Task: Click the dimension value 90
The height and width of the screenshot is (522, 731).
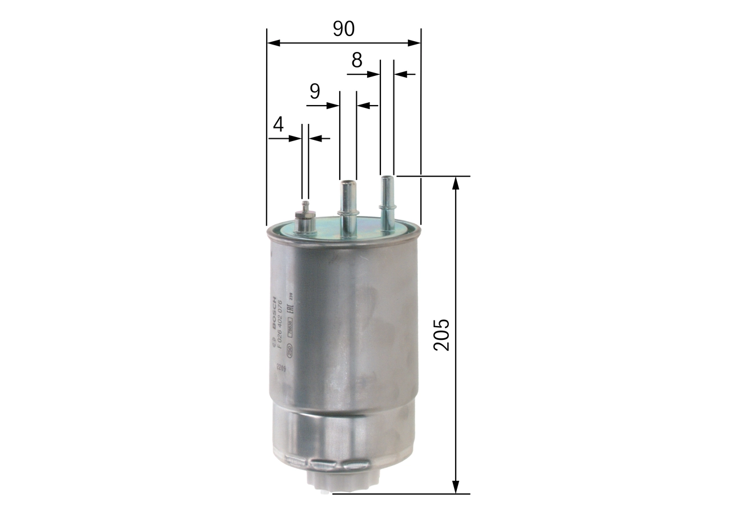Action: [x=344, y=29]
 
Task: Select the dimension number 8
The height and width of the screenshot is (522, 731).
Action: [x=357, y=59]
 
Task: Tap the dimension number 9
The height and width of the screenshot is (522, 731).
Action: [x=315, y=91]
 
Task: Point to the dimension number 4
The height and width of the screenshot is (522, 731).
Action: [x=278, y=124]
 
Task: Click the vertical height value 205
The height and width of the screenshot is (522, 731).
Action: [x=442, y=335]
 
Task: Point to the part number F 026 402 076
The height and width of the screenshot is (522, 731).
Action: [x=280, y=323]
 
